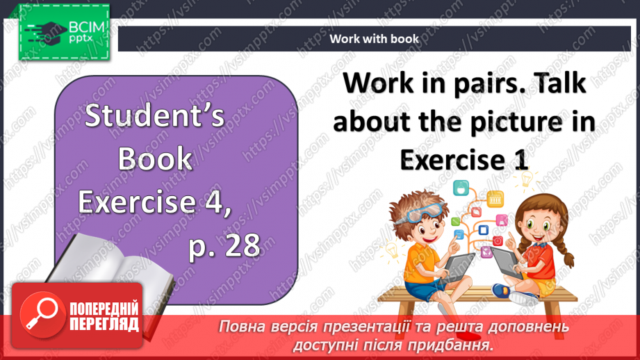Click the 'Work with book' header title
[374, 39]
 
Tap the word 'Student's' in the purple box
[155, 116]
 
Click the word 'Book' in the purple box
[155, 158]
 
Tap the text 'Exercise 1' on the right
[464, 160]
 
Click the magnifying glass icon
[39, 313]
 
